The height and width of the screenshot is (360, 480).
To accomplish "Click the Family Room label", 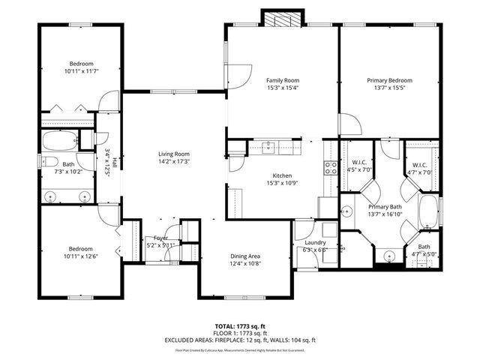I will click(x=282, y=80).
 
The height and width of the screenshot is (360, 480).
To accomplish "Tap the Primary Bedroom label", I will click(x=389, y=80).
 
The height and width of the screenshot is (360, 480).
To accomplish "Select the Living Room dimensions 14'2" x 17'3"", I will click(x=173, y=161).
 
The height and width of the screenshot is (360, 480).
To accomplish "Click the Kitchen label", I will click(x=282, y=175).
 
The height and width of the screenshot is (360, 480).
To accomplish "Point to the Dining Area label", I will click(x=245, y=256).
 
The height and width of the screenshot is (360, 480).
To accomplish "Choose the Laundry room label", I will click(x=315, y=242).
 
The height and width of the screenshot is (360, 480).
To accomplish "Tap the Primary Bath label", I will click(x=384, y=206).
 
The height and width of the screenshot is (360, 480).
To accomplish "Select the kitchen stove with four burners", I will click(x=330, y=167).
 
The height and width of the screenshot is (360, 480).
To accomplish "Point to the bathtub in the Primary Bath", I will click(x=429, y=213).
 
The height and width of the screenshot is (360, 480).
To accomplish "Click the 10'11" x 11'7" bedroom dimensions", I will click(x=82, y=71).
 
